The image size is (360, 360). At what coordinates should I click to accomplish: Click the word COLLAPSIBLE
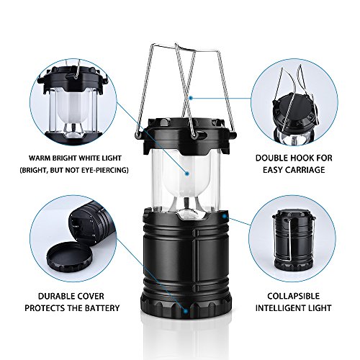(x=294, y=296)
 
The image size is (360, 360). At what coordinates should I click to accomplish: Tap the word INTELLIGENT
(x=279, y=308)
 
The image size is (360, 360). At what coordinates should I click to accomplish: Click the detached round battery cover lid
(x=70, y=258)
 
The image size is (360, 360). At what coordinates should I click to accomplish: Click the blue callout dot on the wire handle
(x=191, y=98)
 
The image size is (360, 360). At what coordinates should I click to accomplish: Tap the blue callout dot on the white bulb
(x=187, y=173)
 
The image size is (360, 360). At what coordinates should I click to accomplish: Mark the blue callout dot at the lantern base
(x=186, y=310)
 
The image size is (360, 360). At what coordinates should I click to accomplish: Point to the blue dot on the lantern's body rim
(x=225, y=216)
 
